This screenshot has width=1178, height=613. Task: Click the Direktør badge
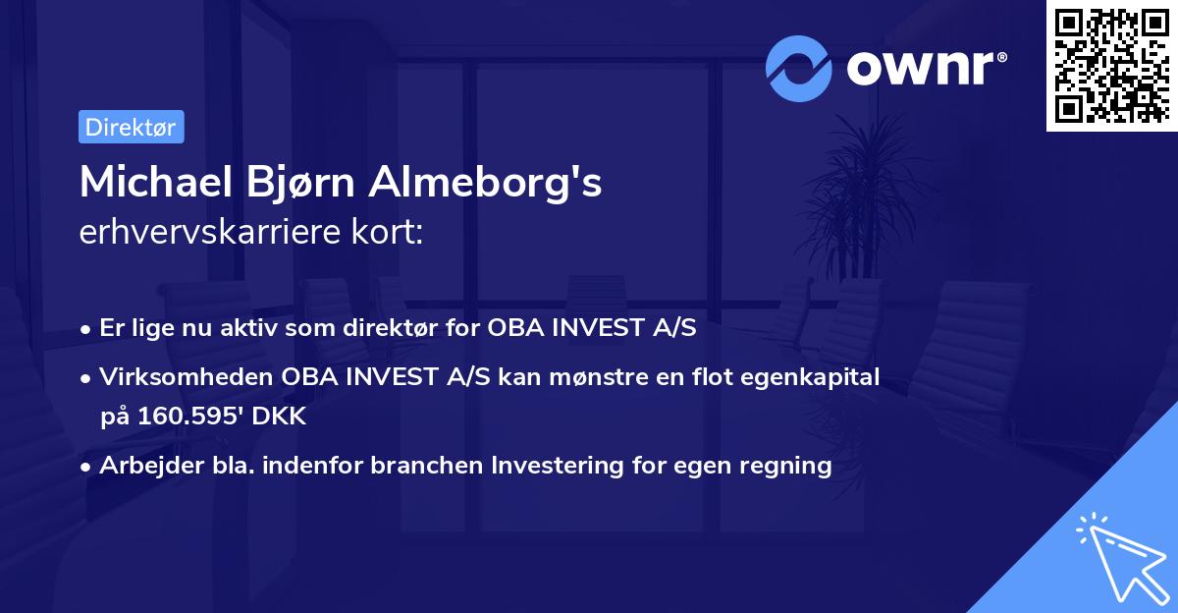tap(131, 127)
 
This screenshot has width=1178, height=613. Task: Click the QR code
tap(1110, 66)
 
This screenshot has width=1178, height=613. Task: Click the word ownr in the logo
tap(922, 67)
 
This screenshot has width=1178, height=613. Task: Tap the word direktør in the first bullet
tap(427, 328)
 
